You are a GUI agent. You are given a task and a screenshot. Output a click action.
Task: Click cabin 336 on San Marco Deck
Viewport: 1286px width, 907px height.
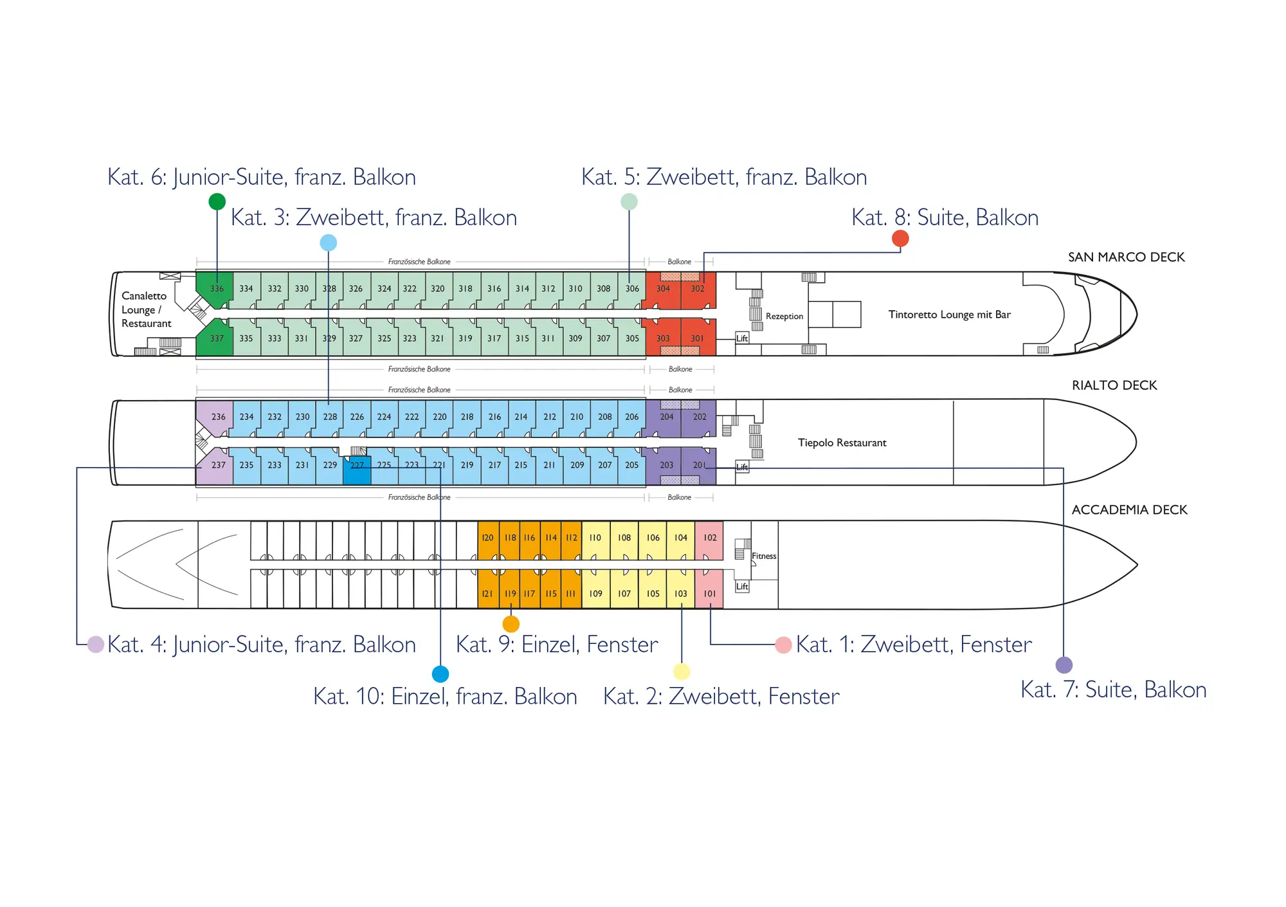[x=217, y=289]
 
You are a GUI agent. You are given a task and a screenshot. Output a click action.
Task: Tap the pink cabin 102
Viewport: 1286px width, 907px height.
[x=709, y=538]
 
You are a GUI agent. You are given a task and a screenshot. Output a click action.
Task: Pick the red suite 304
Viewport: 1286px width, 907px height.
[x=663, y=289]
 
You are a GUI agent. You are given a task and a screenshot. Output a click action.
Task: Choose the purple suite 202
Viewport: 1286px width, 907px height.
[x=699, y=417]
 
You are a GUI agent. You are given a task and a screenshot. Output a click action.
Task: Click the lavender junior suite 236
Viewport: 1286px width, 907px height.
[x=218, y=417]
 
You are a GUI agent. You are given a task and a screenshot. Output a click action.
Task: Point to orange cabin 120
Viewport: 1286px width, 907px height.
[x=488, y=538]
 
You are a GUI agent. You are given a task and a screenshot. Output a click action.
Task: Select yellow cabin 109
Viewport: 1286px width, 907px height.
[x=595, y=594]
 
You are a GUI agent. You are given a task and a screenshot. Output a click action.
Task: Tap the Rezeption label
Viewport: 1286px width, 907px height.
[x=784, y=316]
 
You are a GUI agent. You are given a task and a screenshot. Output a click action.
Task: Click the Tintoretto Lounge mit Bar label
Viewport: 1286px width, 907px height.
[x=949, y=315]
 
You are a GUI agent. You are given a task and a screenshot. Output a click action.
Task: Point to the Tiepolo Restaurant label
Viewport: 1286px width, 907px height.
[x=842, y=443]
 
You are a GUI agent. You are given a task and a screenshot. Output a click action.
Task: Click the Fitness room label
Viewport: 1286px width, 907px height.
[x=764, y=556]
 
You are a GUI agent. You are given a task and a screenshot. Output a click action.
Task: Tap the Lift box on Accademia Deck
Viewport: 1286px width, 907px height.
[x=742, y=587]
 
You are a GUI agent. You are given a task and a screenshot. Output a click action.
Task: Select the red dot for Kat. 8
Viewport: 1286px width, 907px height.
[x=900, y=239]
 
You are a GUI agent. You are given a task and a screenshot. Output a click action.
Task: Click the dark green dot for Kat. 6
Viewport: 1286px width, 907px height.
[x=217, y=201]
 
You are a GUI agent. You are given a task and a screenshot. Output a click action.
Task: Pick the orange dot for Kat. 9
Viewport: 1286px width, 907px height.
[x=511, y=624]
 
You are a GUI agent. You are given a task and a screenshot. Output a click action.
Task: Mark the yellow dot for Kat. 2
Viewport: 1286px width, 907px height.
[x=682, y=672]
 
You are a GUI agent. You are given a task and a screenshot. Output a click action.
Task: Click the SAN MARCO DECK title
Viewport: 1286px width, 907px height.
[x=1126, y=257]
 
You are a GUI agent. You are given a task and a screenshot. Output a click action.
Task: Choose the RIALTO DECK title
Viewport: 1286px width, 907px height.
[x=1114, y=385]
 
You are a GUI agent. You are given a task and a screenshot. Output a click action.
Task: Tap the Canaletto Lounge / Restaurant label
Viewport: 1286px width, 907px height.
[x=146, y=309]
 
